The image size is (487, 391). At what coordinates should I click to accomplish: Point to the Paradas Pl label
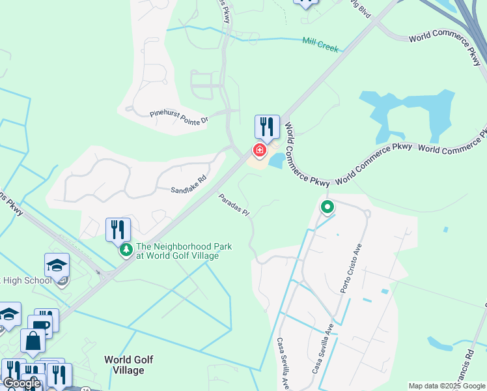(x=234, y=205)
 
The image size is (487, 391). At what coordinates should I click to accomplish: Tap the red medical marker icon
(x=259, y=151)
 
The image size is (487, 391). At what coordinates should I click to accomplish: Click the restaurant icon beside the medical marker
(x=267, y=126)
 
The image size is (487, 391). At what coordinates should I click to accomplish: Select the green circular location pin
(x=327, y=207)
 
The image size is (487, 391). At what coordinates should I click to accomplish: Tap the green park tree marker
(x=126, y=249)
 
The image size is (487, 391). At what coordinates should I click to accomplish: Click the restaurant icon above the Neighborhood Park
(x=118, y=229)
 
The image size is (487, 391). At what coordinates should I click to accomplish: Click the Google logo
(x=21, y=384)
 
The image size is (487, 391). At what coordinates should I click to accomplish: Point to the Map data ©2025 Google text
(x=446, y=386)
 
